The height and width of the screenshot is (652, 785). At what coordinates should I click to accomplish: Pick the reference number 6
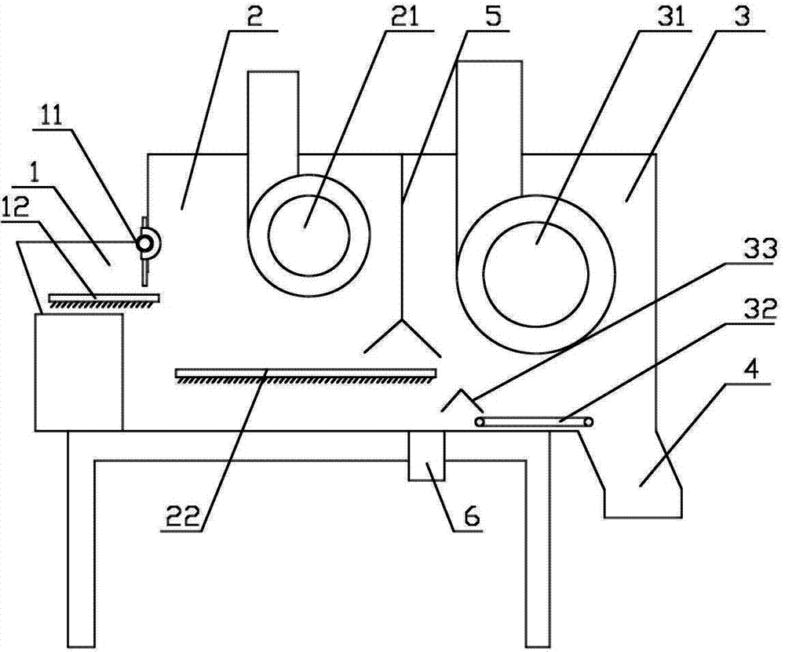click(x=471, y=515)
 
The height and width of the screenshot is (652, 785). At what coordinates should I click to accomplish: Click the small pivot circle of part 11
click(x=145, y=244)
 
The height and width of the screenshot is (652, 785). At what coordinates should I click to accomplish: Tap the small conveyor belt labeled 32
click(x=534, y=422)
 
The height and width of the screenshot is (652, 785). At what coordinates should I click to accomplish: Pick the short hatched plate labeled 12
click(x=104, y=298)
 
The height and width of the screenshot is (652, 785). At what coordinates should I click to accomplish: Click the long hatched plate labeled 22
click(x=305, y=373)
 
